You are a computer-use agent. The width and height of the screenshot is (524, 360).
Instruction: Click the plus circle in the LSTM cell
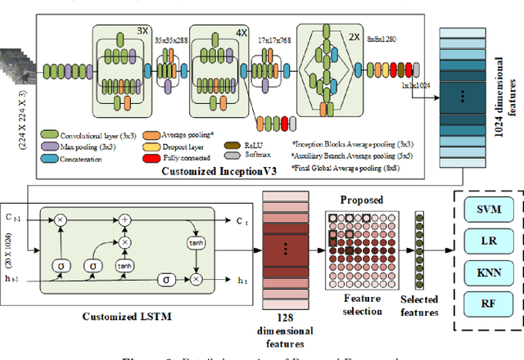coord(125,221)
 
